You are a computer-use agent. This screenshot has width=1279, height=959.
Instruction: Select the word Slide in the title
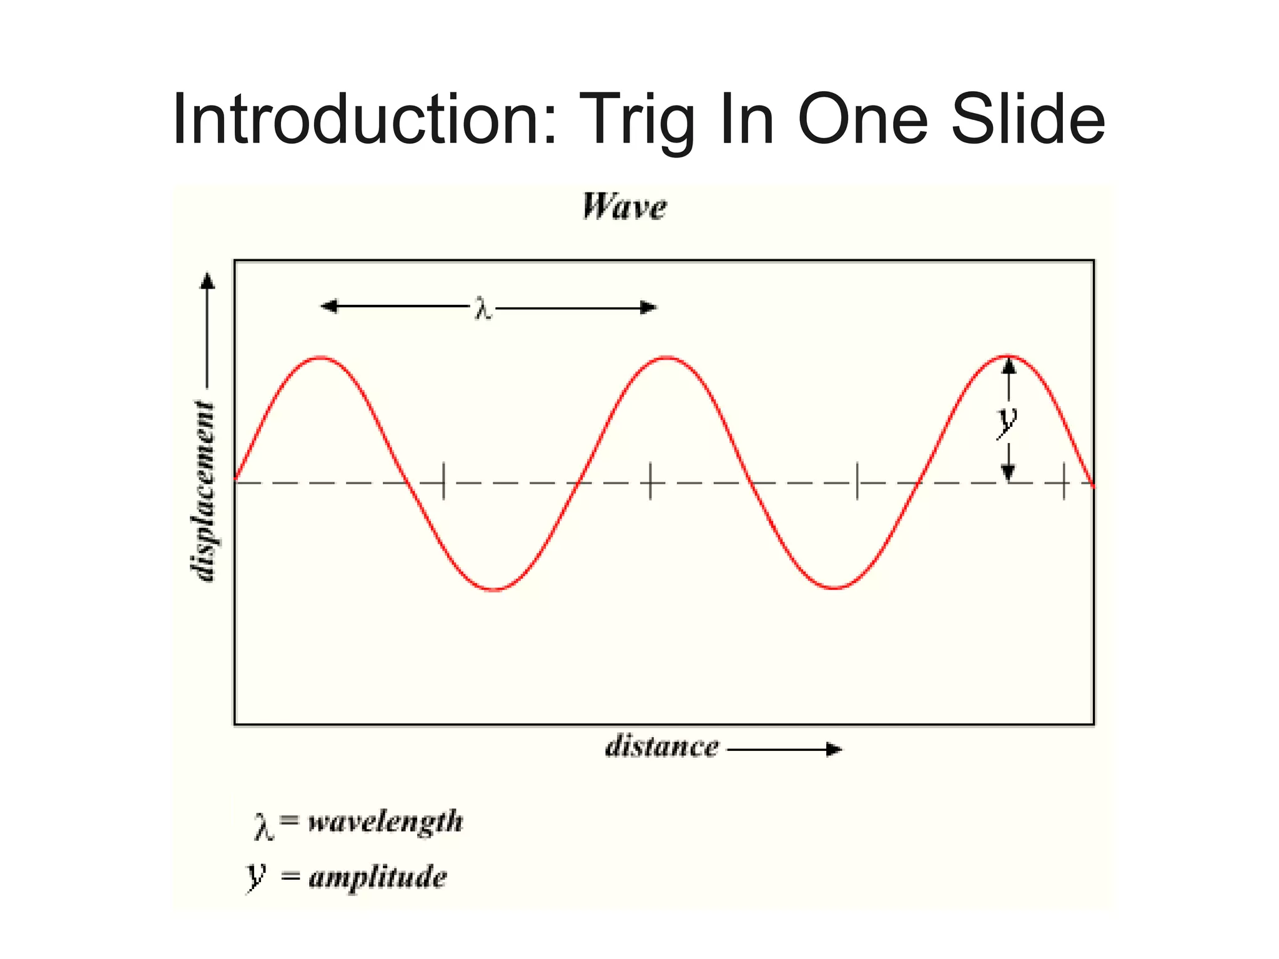(1027, 119)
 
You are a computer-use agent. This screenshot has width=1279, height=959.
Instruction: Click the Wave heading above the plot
(625, 207)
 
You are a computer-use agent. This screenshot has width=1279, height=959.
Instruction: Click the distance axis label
(662, 747)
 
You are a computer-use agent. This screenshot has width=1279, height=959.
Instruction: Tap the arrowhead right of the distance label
(834, 749)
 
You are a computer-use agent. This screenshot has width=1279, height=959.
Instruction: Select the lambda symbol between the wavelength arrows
(483, 309)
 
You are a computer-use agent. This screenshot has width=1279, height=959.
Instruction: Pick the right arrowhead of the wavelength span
(649, 307)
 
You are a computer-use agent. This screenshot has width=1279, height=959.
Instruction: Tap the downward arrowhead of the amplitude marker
(1008, 473)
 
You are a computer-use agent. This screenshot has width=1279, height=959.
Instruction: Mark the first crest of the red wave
(321, 358)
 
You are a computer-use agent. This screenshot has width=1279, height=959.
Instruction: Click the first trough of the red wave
(494, 589)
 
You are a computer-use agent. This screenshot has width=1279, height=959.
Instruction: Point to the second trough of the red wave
(835, 588)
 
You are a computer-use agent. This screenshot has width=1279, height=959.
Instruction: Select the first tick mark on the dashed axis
(443, 482)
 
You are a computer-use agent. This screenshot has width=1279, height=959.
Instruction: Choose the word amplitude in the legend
(378, 877)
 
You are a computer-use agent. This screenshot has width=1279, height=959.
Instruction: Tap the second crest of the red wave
(667, 358)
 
